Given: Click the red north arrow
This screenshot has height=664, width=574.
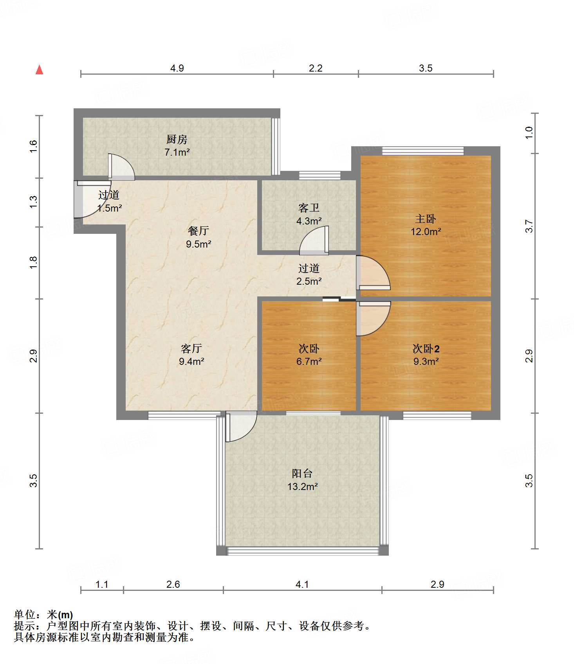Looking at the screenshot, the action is point(39,70).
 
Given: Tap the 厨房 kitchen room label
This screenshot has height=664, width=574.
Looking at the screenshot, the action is point(177,139).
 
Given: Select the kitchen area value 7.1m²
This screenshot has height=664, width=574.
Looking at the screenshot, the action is point(177,152).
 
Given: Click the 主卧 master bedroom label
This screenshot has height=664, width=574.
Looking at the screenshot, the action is point(426,219).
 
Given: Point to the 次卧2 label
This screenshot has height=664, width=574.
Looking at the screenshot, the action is point(426,348).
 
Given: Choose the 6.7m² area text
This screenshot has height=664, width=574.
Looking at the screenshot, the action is point(309,361).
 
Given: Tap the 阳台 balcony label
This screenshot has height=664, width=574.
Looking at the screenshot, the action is point(302,474).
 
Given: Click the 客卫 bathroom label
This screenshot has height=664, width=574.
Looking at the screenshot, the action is point(309,208).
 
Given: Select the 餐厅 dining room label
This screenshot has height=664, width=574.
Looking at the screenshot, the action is point(199,231).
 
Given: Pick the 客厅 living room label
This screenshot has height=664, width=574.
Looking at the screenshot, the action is point(191,348).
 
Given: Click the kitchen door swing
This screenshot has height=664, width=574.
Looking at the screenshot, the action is point(121,167).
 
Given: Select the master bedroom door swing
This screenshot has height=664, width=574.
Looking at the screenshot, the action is point(373,273).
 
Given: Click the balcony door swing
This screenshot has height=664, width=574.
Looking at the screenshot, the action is point(241,426).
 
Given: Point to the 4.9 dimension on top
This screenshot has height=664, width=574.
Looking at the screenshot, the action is point(177,68).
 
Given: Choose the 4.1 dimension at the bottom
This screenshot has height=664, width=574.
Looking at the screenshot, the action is point(302,584).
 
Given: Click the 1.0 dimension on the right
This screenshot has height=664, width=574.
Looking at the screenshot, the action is point(529,133).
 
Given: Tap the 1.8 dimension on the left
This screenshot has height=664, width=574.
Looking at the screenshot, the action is point(34,262).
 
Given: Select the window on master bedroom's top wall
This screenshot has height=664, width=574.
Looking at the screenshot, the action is point(423,151).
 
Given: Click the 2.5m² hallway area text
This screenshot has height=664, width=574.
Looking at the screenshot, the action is point(309,281).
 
